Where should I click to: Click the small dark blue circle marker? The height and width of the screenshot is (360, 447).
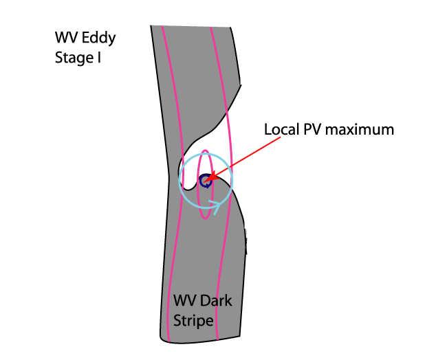coord(205,181)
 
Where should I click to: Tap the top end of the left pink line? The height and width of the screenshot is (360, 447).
coord(162,27)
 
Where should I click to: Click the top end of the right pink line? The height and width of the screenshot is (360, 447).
coord(210,27)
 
